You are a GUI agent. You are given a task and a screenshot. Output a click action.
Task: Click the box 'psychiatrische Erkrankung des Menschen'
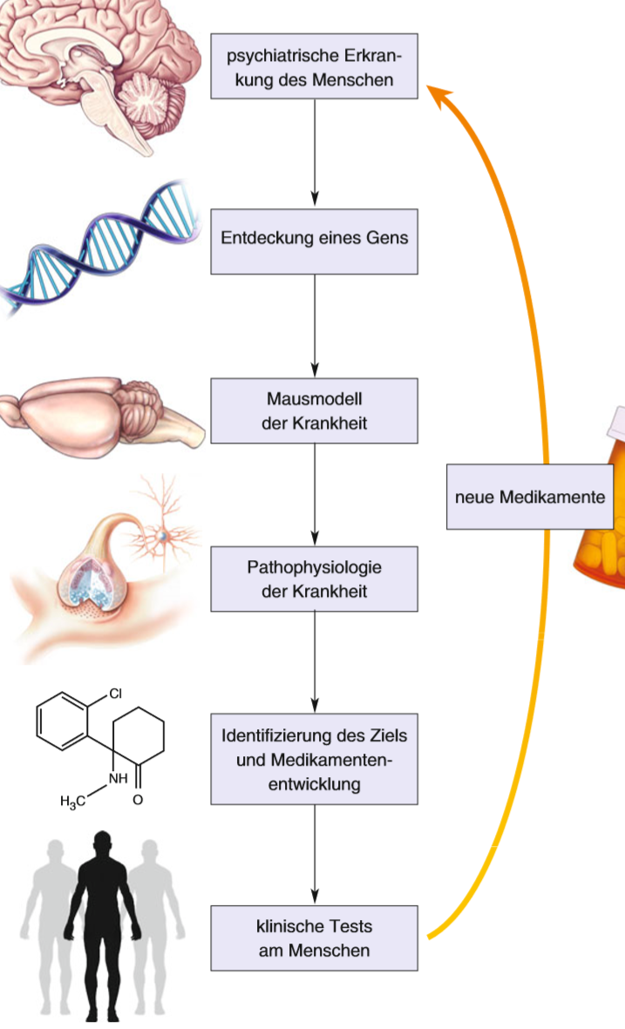(x=315, y=66)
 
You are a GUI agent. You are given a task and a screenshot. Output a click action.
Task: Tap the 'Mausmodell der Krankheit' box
(x=315, y=411)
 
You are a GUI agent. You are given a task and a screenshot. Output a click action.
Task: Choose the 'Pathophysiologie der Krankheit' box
(x=315, y=579)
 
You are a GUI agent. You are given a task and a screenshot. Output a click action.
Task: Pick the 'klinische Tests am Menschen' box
(x=315, y=938)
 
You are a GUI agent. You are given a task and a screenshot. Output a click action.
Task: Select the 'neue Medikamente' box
(x=529, y=498)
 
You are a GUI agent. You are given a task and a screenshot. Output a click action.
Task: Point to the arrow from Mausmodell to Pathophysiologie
(x=315, y=495)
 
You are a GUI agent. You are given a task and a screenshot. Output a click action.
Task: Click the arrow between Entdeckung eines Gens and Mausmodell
(x=315, y=326)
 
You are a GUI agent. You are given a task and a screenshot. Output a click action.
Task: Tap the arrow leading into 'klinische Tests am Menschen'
(x=315, y=855)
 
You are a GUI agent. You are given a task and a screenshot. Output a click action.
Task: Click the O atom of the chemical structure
(x=138, y=800)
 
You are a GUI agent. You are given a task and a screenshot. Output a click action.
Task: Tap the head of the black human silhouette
(x=103, y=843)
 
